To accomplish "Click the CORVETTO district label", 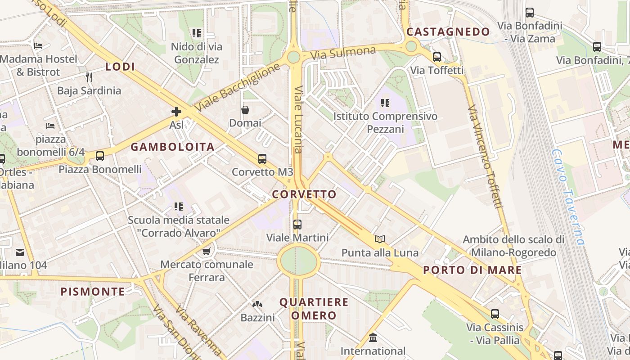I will coord(304,194).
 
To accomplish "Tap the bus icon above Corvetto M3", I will coord(262,159).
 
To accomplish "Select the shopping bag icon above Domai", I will coord(245,110).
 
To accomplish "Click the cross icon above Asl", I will coord(176,112).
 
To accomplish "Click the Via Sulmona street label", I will coord(343,53).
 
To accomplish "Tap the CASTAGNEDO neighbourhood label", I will coord(448,32).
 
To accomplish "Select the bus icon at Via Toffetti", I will coord(437,57).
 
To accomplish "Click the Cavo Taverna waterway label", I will coord(569,197).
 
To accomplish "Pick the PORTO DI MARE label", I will coord(472,270).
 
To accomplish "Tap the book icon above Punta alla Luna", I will coord(380,239).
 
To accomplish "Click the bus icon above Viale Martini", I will coord(297,224).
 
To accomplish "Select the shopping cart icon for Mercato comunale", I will coord(207,251).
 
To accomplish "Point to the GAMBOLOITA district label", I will coord(173,147).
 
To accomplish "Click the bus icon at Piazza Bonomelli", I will coord(100,156).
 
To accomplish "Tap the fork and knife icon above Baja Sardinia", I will coord(89,77).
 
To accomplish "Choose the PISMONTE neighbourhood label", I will coord(93,292).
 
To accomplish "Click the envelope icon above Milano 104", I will coord(20,252).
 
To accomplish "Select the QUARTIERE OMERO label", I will coord(314,309).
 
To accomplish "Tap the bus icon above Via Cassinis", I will coord(495,314).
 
